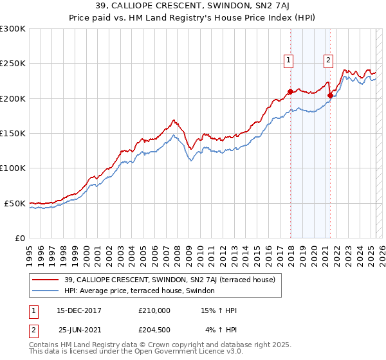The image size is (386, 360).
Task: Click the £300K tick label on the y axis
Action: click(x=13, y=29)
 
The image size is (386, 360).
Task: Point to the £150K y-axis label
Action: click(x=13, y=133)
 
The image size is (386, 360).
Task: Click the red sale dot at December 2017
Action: click(x=290, y=91)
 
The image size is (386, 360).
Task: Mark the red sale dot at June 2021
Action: click(x=331, y=95)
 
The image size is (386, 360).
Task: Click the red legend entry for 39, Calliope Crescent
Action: click(x=170, y=280)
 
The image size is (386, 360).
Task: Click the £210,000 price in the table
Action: click(x=154, y=310)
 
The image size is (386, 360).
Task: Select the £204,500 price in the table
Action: click(x=154, y=330)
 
